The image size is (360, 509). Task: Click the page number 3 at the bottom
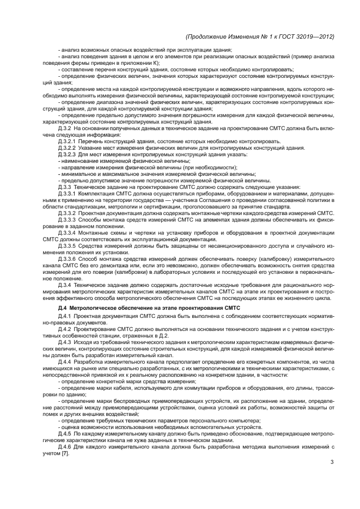tap(332, 463)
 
